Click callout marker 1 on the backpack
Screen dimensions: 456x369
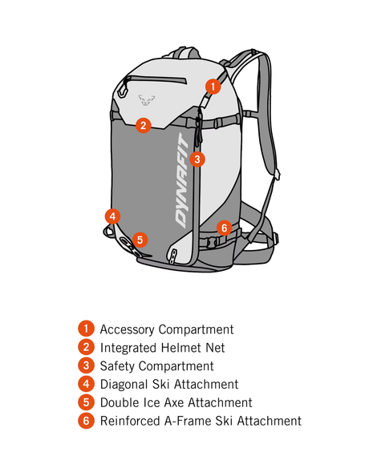click(x=213, y=85)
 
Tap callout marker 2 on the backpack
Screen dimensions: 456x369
click(x=143, y=125)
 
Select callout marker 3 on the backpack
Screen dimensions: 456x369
click(x=198, y=159)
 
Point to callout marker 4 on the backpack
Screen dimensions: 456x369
click(x=113, y=216)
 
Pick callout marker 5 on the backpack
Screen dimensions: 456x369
click(x=140, y=239)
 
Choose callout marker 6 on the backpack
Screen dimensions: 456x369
click(x=224, y=228)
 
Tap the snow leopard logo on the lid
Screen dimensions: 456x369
click(x=144, y=99)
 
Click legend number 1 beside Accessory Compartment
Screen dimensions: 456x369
click(x=85, y=329)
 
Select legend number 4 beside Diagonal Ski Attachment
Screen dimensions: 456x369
click(x=85, y=385)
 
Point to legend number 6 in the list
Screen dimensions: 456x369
click(x=85, y=421)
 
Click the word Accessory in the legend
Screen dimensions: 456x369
click(x=128, y=329)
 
